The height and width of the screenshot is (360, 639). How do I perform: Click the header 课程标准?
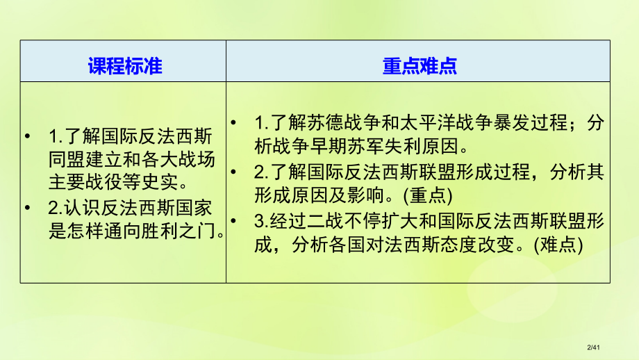pyautogui.click(x=124, y=65)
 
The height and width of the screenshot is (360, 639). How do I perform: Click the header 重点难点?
pyautogui.click(x=419, y=65)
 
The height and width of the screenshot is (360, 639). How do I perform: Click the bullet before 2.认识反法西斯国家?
pyautogui.click(x=28, y=207)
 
